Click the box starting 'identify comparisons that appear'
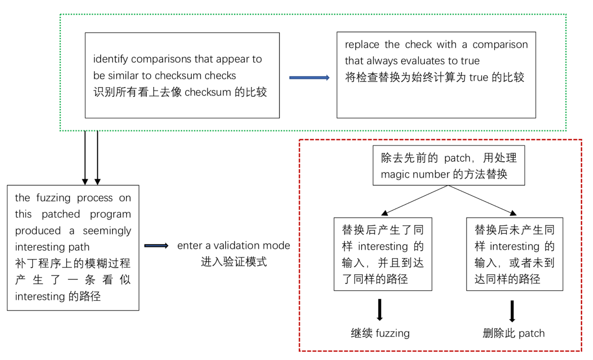[182, 75]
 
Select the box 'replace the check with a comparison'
[436, 75]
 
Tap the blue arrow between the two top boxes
[309, 78]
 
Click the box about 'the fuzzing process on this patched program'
[73, 247]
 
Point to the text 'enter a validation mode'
[234, 246]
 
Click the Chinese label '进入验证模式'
[234, 262]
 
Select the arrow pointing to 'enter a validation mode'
[156, 246]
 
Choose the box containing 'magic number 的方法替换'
[449, 166]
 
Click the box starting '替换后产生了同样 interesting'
[382, 254]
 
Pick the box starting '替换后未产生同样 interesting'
[514, 254]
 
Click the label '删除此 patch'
[513, 333]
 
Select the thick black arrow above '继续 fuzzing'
[380, 310]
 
